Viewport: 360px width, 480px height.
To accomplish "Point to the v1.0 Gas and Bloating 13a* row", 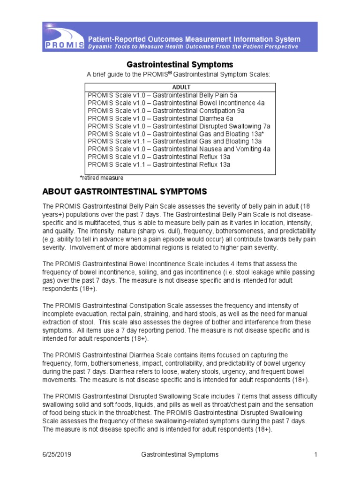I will (x=176, y=134).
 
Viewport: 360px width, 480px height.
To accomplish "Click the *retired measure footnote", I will (x=101, y=178).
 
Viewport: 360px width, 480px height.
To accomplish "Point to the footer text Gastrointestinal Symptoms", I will (x=180, y=455).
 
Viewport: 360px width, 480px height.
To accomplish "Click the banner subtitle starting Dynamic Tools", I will (x=194, y=47).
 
